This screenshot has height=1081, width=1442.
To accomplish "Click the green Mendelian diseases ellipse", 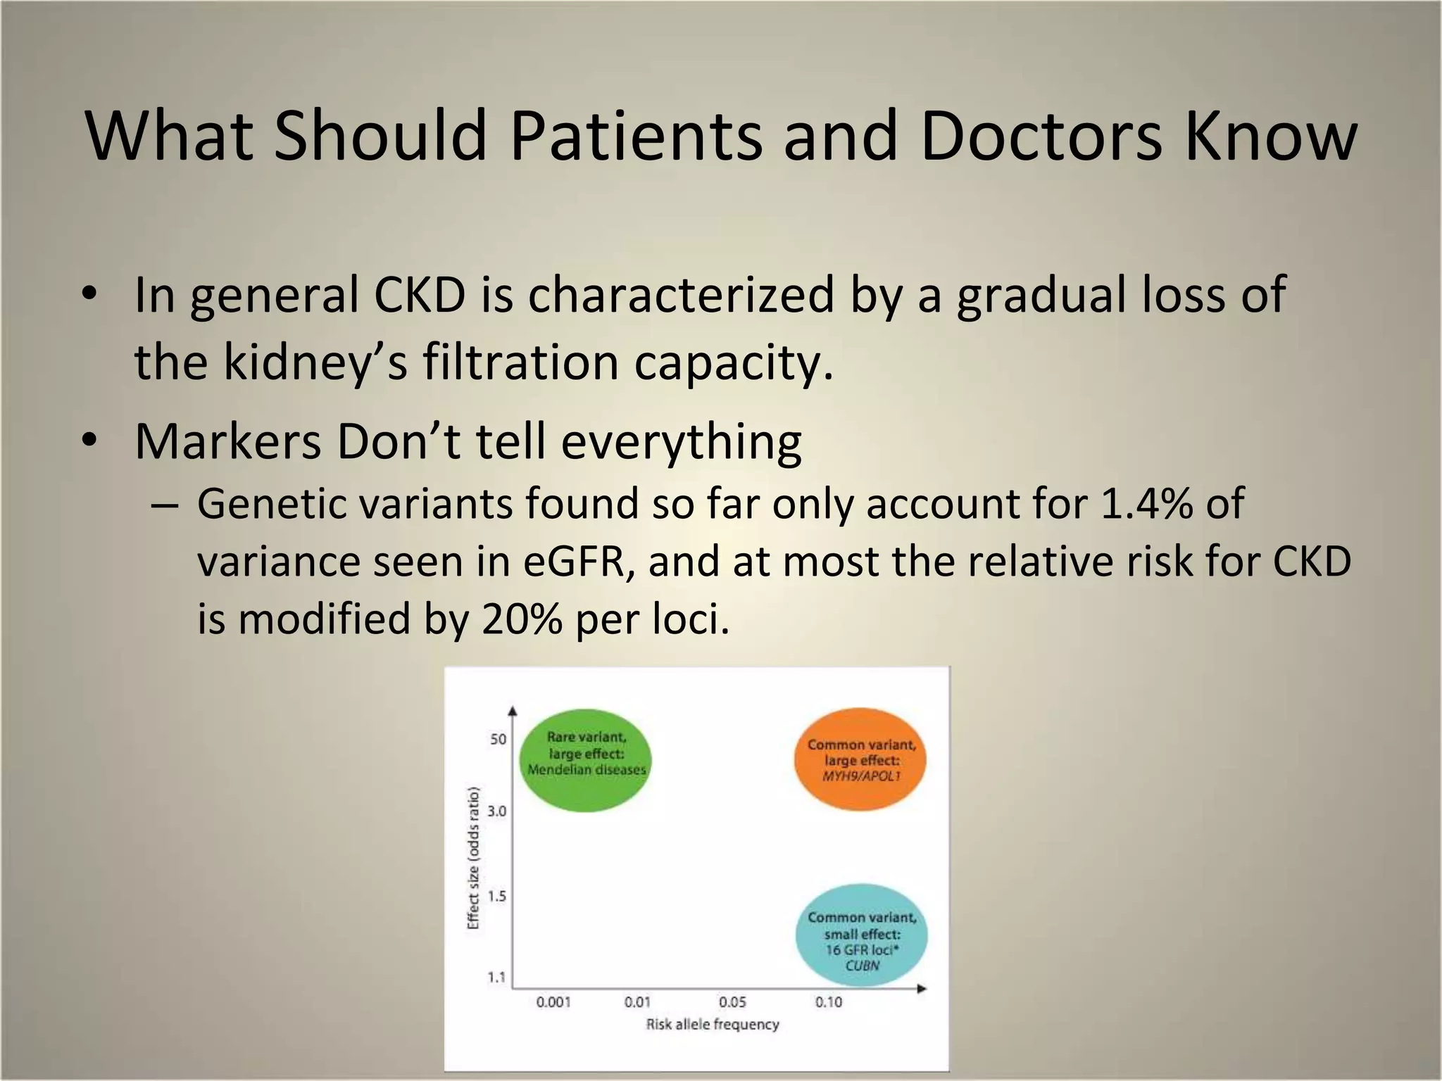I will tap(586, 760).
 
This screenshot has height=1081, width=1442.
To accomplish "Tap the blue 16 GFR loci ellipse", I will tap(861, 935).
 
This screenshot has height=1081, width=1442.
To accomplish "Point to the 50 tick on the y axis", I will tap(498, 739).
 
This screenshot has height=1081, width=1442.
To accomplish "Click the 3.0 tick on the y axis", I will tap(497, 811).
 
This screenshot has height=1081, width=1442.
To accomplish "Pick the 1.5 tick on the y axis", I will tap(497, 896).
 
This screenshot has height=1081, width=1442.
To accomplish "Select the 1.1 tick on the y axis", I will tap(497, 977).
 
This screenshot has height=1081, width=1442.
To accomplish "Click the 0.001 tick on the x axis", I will tap(553, 1001).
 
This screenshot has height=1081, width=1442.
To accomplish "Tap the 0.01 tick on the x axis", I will tap(637, 1001).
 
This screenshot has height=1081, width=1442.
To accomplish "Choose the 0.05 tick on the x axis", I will tap(732, 1001).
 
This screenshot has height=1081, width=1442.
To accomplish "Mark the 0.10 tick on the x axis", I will tap(829, 1001).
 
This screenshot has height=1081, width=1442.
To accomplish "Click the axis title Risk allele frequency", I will tap(713, 1024).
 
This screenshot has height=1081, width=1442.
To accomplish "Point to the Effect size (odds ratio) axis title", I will tap(473, 857).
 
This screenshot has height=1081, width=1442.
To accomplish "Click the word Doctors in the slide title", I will tap(1040, 135).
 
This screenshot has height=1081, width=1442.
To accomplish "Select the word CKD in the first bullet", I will tap(420, 294).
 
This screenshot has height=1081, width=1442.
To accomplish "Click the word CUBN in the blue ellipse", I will tap(862, 966).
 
